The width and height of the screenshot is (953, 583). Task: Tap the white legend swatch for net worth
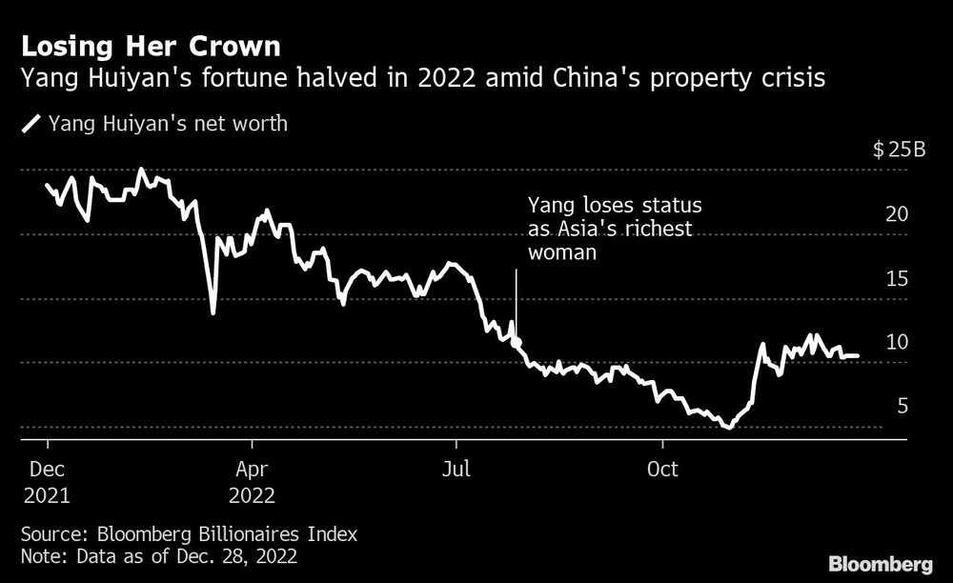[x=31, y=123]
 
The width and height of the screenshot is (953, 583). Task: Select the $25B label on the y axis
[x=899, y=151]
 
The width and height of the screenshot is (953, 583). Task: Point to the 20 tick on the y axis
[x=896, y=214]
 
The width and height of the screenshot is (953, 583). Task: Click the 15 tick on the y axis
[x=896, y=279]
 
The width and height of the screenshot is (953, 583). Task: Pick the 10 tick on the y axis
[x=896, y=343]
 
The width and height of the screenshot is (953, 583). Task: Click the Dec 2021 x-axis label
[x=48, y=483]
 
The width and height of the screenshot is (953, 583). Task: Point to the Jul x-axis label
[x=456, y=470]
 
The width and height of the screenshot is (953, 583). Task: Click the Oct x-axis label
[x=662, y=470]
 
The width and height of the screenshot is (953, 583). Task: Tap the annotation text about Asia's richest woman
[x=615, y=229]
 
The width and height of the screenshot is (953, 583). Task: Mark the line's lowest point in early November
[x=729, y=427]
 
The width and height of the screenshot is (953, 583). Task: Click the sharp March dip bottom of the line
[x=213, y=312]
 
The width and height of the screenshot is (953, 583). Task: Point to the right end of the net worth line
[x=858, y=355]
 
